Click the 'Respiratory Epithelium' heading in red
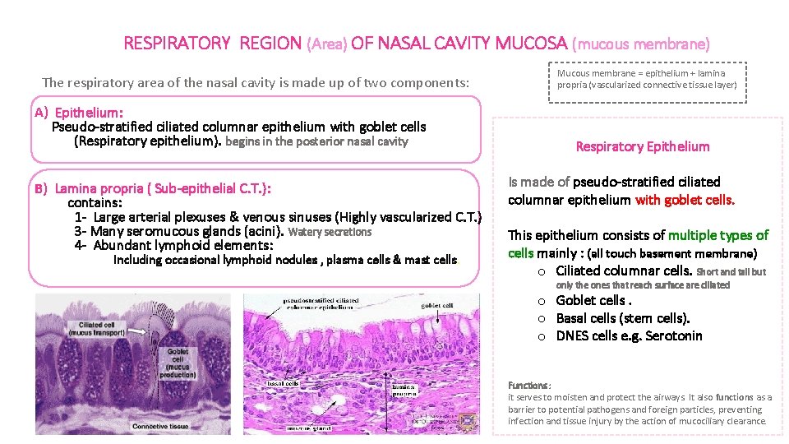pyautogui.click(x=642, y=146)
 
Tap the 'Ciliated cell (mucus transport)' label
pyautogui.click(x=97, y=329)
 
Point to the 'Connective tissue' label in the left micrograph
pyautogui.click(x=160, y=426)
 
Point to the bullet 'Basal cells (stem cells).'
pyautogui.click(x=623, y=318)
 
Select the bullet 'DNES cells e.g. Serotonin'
pyautogui.click(x=629, y=335)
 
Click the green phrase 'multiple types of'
pyautogui.click(x=718, y=235)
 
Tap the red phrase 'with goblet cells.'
pyautogui.click(x=685, y=200)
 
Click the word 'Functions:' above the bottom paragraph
pyautogui.click(x=529, y=386)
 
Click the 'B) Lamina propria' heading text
pyautogui.click(x=152, y=189)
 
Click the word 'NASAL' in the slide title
pyautogui.click(x=418, y=43)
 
